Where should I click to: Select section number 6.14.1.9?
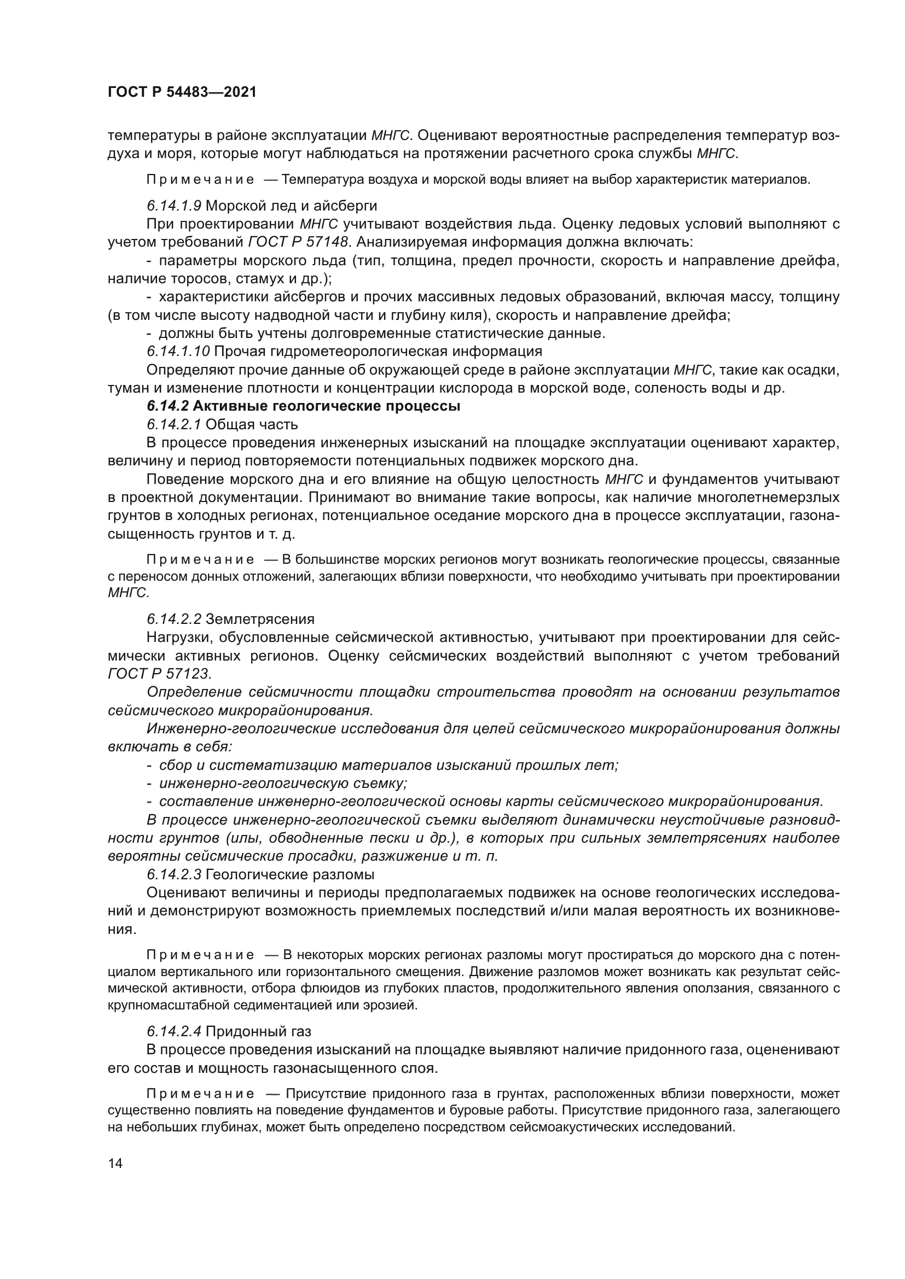coord(174,206)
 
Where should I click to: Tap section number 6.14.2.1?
coord(174,424)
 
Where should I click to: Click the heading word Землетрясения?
coord(260,619)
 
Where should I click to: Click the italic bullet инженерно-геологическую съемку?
coord(283,783)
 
